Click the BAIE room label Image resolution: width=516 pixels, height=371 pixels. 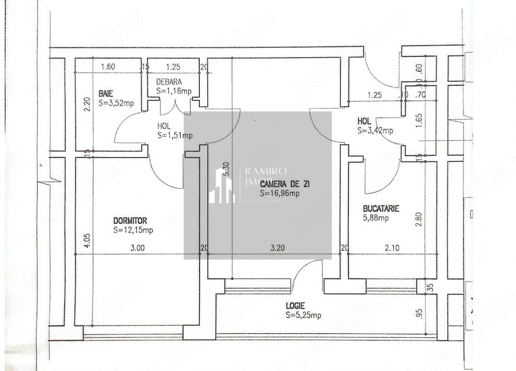[106, 93]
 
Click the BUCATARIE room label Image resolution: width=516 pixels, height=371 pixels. [381, 208]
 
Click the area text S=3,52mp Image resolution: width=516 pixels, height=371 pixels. [116, 103]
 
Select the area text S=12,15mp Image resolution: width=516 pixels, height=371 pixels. [133, 230]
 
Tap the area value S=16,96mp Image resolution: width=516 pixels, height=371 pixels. [280, 193]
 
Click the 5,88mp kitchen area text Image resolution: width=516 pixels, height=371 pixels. [376, 218]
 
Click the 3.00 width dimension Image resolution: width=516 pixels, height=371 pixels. [137, 248]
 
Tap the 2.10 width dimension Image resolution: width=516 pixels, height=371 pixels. [392, 248]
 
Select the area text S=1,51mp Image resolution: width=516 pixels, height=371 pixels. [175, 136]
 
